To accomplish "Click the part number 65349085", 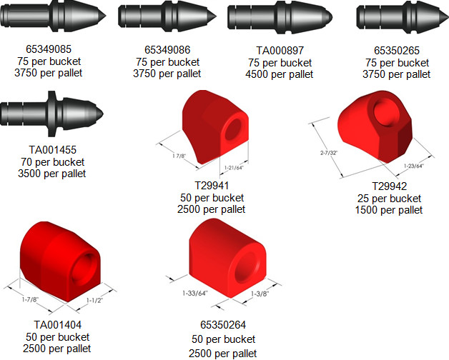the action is pos(49,49).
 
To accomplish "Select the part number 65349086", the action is pos(167,50).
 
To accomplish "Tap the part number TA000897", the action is pos(280,51).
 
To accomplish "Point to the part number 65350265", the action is pos(397,51).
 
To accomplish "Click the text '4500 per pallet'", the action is pos(279,74).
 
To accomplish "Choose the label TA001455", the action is pos(53,150).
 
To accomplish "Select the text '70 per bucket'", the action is pos(52,162).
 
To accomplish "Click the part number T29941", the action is pos(212,186).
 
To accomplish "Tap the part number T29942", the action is pos(390,186).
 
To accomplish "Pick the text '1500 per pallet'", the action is pos(389,210).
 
